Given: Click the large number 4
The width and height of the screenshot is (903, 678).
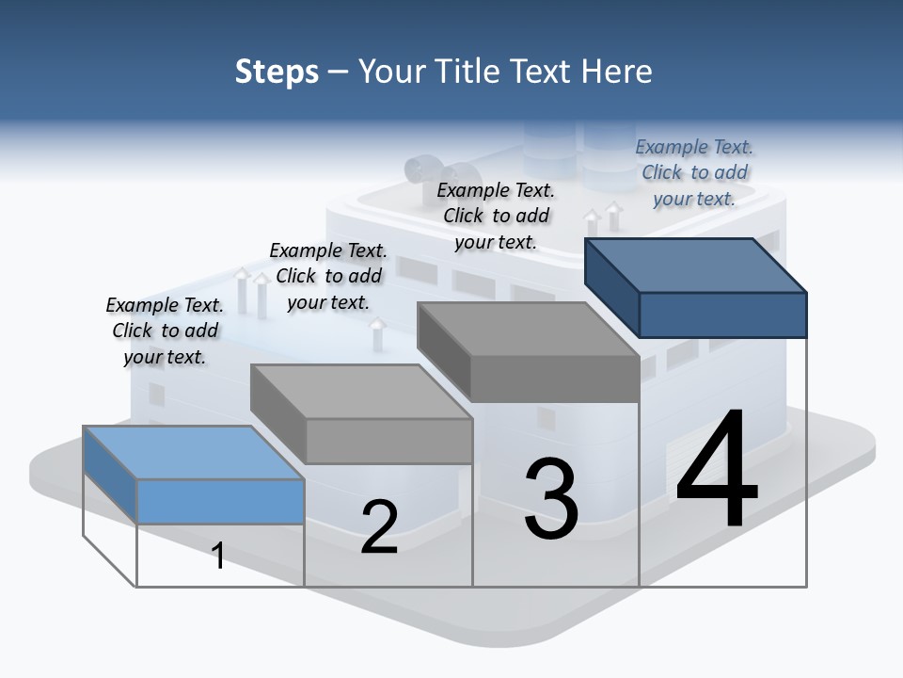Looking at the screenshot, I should (x=717, y=470).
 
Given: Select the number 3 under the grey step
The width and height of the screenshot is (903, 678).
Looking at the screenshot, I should (x=551, y=499).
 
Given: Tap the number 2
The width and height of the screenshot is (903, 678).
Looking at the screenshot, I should (x=379, y=526).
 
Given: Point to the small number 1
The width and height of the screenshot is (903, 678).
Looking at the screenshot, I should (x=217, y=556).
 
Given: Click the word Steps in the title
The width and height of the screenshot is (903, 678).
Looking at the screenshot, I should (x=277, y=72).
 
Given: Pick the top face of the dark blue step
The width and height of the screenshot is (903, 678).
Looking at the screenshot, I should (x=696, y=265).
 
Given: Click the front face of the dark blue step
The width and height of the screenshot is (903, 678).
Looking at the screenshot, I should (x=722, y=315).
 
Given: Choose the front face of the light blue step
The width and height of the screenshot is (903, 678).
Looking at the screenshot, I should (x=220, y=501).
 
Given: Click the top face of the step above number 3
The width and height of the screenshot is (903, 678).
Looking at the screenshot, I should (x=528, y=329).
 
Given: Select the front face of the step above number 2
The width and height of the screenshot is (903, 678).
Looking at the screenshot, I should (x=388, y=441).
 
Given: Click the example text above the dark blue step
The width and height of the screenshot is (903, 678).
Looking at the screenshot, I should (x=694, y=172).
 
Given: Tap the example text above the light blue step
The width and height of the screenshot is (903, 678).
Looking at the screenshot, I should (x=165, y=331).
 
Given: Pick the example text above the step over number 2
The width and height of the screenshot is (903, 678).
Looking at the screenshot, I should (x=328, y=276).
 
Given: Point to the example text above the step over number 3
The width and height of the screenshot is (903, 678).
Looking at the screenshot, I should (x=496, y=216).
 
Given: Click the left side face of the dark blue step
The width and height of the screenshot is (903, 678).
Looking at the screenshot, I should (x=611, y=286).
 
